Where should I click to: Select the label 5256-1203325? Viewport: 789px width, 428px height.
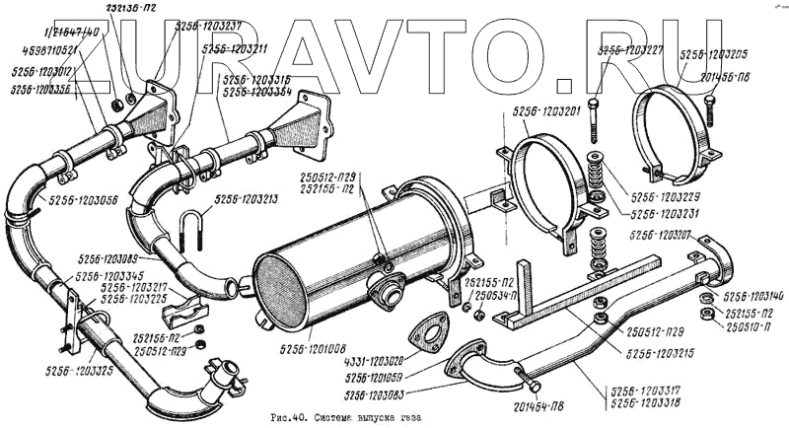78,370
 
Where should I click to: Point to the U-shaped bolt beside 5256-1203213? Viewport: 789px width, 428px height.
193,234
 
